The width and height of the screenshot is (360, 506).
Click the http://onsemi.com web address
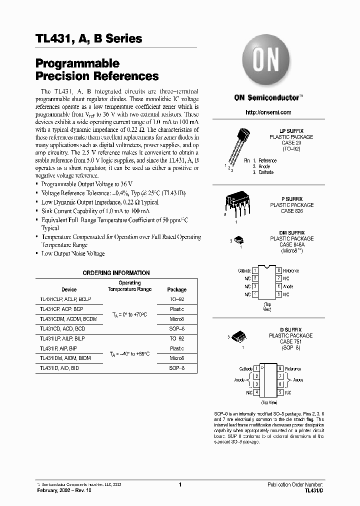[x=268, y=112]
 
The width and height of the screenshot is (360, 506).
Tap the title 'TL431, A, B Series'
[x=89, y=38]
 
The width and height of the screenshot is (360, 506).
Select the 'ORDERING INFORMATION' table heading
[x=115, y=273]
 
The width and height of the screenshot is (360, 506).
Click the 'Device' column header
[x=69, y=289]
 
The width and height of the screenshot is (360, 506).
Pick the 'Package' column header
[x=176, y=289]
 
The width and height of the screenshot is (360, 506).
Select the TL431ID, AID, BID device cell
[x=59, y=368]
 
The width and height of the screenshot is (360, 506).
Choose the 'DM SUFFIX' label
[x=291, y=233]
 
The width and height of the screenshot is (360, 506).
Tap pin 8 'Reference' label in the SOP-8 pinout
[x=294, y=368]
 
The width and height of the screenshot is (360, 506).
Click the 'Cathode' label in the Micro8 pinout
[x=244, y=270]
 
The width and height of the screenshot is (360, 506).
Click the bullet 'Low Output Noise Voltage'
[x=73, y=253]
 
